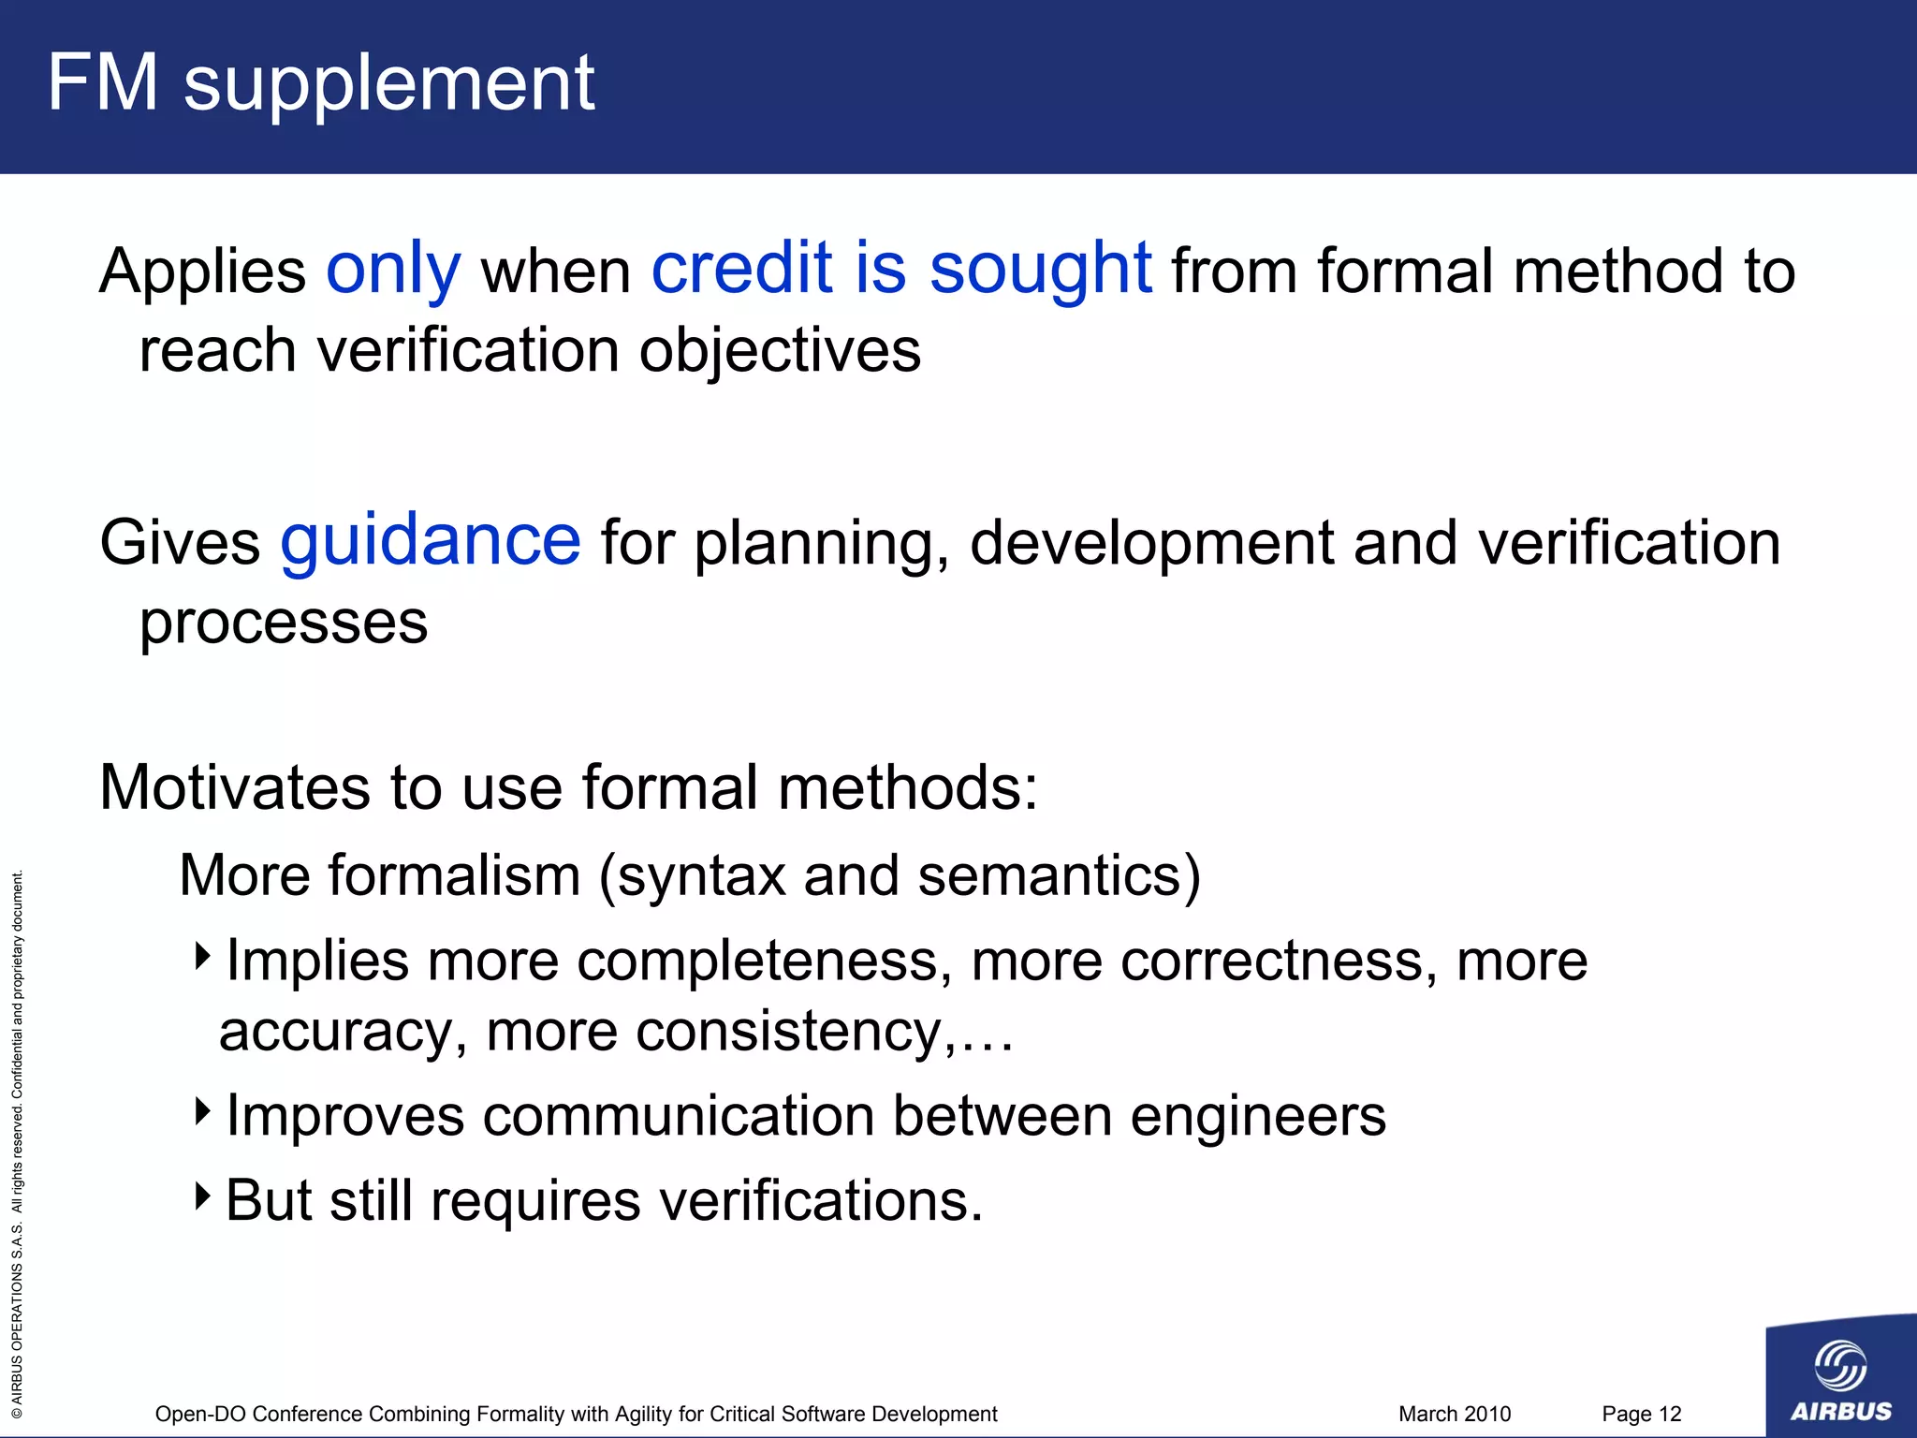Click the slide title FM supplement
pos(320,84)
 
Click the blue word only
pos(393,270)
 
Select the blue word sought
pos(1040,270)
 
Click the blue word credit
pos(741,270)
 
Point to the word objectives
pos(780,351)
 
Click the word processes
pos(283,623)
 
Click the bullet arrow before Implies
pos(203,957)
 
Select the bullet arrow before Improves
pos(203,1111)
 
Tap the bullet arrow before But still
pos(203,1196)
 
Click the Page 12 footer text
pos(1641,1414)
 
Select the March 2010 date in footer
pos(1454,1414)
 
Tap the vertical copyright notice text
pos(17,1142)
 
